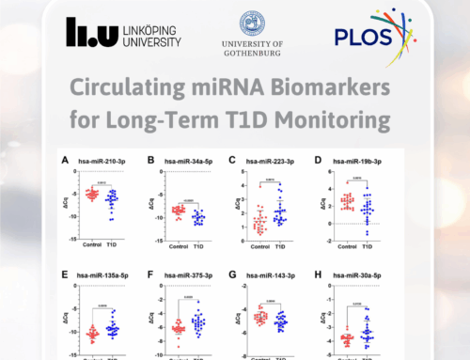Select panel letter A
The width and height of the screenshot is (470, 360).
(x=65, y=160)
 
